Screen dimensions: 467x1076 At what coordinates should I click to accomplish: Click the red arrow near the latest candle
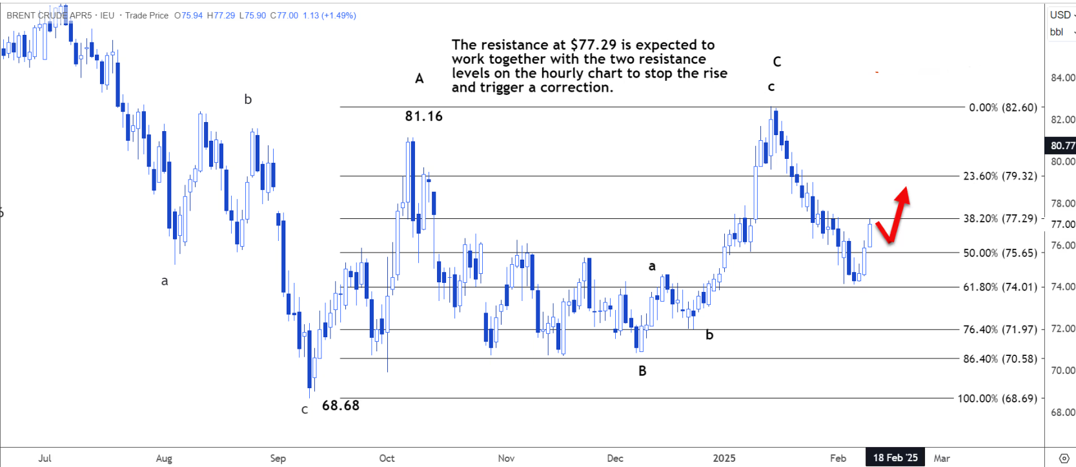pos(894,216)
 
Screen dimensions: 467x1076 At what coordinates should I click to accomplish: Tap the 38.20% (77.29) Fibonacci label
pos(1000,218)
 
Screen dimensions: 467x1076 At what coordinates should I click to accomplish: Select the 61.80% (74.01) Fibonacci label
pos(1000,287)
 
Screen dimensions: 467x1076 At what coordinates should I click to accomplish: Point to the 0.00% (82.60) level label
pos(1002,107)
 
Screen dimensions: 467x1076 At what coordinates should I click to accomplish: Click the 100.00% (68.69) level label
pos(997,399)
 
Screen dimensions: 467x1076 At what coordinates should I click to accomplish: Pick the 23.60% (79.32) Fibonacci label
pos(1000,176)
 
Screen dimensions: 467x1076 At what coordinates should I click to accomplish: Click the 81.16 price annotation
pos(423,116)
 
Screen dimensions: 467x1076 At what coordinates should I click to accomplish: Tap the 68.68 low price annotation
pos(340,406)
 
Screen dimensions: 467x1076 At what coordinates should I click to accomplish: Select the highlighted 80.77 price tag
pos(1062,146)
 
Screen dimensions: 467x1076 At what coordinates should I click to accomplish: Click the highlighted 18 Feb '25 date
pos(895,458)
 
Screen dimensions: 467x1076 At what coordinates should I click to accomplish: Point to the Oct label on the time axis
pos(387,458)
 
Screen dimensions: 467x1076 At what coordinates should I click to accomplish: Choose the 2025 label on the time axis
pos(724,458)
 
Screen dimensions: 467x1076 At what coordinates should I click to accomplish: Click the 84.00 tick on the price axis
pos(1062,78)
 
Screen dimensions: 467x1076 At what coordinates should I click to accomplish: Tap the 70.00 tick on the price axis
pos(1062,371)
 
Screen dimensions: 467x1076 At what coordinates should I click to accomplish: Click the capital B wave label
pos(642,371)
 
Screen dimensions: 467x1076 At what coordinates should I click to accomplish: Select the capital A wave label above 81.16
pos(420,79)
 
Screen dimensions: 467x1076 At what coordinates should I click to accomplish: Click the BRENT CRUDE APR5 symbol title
pos(49,16)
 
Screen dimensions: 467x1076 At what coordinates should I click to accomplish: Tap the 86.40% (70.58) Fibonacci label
pos(1000,359)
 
